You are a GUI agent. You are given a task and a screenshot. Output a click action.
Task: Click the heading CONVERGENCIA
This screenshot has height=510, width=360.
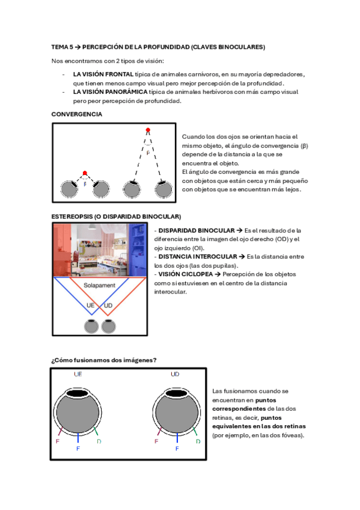coord(77,114)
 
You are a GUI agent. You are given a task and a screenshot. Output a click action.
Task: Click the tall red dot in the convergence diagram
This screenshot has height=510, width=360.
coord(148,130)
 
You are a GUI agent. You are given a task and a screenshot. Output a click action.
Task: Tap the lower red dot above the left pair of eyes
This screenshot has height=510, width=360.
coord(85,173)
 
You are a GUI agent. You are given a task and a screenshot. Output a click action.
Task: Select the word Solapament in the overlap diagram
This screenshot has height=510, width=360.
coord(99,285)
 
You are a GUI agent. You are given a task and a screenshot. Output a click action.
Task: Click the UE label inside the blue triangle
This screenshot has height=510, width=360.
coord(90,306)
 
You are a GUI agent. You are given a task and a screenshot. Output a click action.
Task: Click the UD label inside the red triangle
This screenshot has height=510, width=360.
coord(108,306)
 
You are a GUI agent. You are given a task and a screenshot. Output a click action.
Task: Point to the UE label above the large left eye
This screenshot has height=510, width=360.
coord(78,374)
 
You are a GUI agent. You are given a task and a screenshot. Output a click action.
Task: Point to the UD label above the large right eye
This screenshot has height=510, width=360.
coord(175,374)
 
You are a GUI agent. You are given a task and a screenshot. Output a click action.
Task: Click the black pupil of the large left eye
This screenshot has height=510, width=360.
coord(78,393)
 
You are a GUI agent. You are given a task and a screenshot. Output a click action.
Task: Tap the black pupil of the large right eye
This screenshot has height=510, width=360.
coord(177,393)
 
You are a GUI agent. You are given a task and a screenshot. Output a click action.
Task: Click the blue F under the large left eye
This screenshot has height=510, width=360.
coord(78,449)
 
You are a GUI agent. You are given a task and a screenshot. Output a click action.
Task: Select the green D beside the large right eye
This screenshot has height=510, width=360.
coord(198,441)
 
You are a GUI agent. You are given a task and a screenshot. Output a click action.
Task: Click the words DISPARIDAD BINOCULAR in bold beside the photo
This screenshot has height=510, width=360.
coord(197,230)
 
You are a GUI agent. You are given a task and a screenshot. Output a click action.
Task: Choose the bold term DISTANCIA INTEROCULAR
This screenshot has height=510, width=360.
coord(198,257)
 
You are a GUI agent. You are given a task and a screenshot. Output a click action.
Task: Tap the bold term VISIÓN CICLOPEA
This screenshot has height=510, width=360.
coord(186,274)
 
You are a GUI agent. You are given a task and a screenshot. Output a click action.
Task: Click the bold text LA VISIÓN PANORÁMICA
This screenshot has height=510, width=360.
coord(110,92)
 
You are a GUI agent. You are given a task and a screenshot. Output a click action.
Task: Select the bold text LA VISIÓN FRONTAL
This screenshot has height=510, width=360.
coord(103,75)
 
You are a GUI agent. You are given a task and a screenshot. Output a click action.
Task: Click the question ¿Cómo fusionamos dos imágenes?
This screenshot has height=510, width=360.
coord(104,360)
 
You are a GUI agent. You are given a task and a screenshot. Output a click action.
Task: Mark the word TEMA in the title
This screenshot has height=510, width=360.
coord(59,47)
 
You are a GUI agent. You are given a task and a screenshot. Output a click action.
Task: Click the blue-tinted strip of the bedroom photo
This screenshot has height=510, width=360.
coord(137,250)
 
